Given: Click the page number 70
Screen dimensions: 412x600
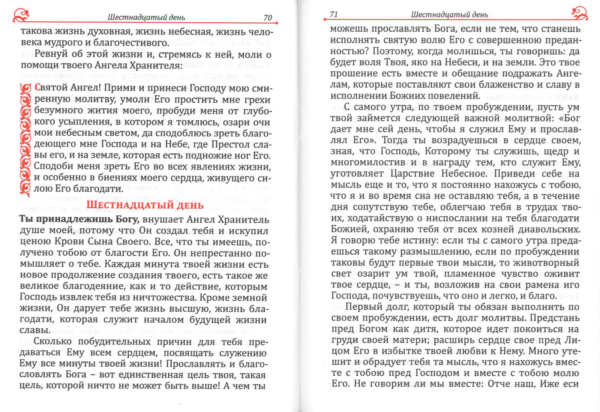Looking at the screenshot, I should (268, 18).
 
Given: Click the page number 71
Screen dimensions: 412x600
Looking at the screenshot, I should (334, 14).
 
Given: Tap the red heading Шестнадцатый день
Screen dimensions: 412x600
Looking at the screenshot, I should (145, 205).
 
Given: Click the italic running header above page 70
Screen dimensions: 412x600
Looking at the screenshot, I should (146, 17).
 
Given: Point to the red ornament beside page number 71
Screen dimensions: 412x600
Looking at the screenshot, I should (579, 13).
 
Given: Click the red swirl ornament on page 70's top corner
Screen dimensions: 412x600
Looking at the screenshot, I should (21, 15).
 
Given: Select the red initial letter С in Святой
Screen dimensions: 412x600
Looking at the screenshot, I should (37, 87).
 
